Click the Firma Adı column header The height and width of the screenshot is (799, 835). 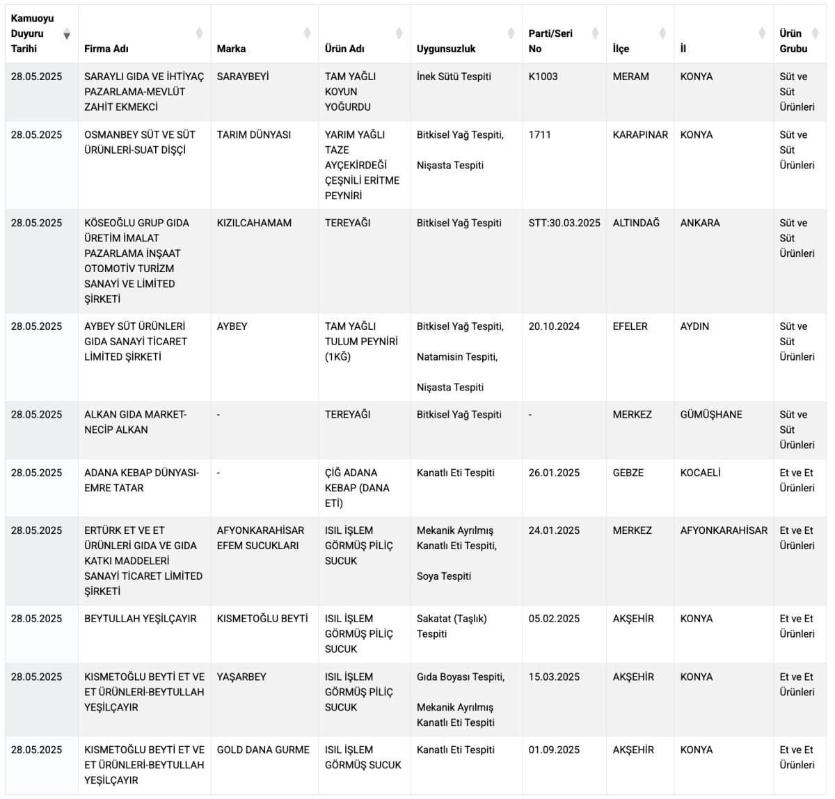pos(106,49)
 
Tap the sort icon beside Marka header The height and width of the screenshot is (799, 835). pos(307,33)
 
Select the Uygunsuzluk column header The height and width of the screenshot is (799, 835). pos(446,49)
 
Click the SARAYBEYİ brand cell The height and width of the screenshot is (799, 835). pos(243,77)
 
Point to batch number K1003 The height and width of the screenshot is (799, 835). pos(543,77)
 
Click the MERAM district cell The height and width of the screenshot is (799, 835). pos(630,77)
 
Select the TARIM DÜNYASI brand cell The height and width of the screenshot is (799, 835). pos(254,135)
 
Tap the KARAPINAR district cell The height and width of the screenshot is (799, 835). pos(640,135)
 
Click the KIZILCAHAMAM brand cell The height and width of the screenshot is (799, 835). pos(254,223)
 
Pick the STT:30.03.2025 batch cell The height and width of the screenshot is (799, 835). pos(564,223)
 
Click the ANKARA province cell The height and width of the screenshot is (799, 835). pos(700,223)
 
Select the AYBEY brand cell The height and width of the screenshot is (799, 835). pos(232,326)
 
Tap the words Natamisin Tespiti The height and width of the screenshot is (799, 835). pos(457,357)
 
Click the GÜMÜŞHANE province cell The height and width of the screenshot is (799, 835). pos(711,415)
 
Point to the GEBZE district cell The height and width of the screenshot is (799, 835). pos(628,473)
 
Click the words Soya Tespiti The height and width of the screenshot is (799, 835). pos(444,576)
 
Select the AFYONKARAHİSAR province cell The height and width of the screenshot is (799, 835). pos(724,531)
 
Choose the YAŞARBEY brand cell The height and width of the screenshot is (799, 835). pos(241,677)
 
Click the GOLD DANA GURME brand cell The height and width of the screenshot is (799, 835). pos(263,750)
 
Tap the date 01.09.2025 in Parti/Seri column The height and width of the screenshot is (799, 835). pos(554,750)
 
